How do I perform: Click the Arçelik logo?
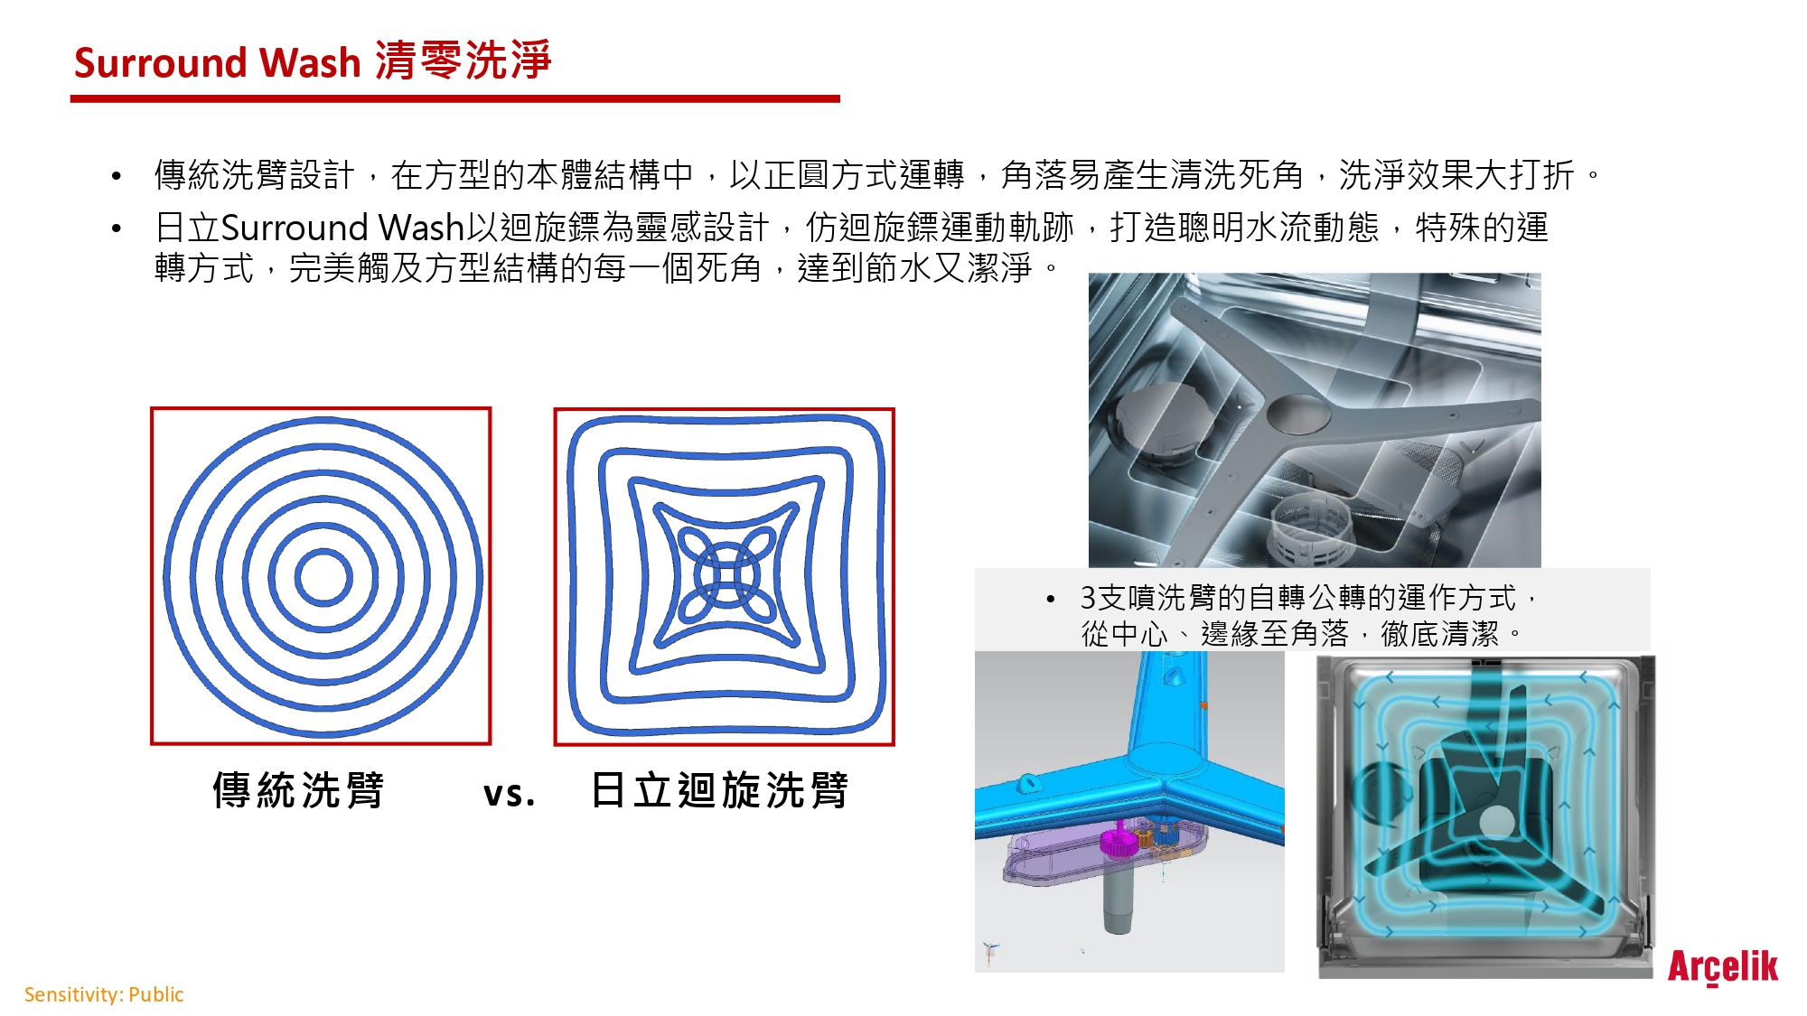click(1722, 967)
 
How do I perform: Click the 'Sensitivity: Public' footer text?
click(104, 994)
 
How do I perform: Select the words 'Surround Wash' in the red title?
click(217, 63)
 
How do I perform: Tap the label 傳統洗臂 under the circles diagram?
click(298, 790)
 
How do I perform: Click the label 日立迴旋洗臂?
click(720, 790)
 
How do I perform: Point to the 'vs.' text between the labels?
click(510, 794)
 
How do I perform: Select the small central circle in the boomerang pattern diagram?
click(726, 576)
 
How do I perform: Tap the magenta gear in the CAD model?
click(1119, 844)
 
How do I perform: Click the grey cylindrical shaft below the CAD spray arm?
click(1119, 898)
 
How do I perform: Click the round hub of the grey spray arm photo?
click(1298, 413)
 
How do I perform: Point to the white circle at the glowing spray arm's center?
click(1496, 822)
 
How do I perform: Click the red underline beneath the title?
click(455, 98)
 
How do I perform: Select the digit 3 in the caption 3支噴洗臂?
click(1088, 598)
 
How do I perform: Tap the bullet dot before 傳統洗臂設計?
click(116, 176)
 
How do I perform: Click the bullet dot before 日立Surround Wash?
click(116, 228)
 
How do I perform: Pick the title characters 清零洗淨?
click(463, 61)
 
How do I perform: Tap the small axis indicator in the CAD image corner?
click(990, 951)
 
